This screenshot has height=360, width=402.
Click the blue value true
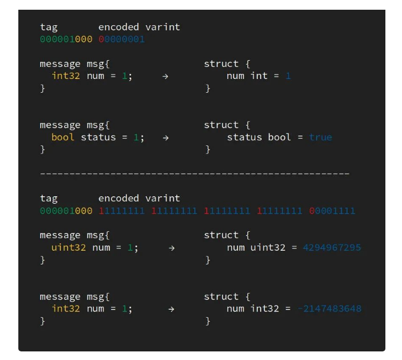click(x=320, y=137)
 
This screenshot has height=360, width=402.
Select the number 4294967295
click(x=332, y=247)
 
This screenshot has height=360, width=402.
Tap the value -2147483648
click(x=329, y=308)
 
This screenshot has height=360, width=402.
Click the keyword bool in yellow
click(x=63, y=137)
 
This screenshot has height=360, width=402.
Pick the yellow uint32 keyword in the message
click(x=69, y=247)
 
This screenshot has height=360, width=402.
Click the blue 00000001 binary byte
click(x=121, y=39)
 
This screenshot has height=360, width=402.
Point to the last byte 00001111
click(x=332, y=211)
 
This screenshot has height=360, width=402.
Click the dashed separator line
click(x=195, y=173)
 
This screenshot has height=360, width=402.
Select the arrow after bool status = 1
click(x=165, y=137)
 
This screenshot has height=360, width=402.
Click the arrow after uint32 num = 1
click(x=171, y=247)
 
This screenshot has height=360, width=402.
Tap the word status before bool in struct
click(x=245, y=137)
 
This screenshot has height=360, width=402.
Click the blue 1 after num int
click(x=288, y=76)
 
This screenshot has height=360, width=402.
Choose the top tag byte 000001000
click(x=66, y=39)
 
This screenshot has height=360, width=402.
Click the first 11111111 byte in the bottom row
click(x=121, y=211)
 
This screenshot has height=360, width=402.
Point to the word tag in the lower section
click(x=49, y=199)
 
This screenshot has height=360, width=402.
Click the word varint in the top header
click(x=163, y=27)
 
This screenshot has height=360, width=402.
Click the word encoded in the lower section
click(x=119, y=199)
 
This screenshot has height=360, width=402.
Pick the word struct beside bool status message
click(x=221, y=125)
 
